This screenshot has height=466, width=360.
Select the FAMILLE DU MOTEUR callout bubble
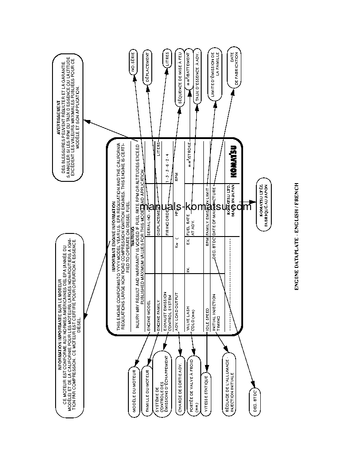(147, 390)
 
